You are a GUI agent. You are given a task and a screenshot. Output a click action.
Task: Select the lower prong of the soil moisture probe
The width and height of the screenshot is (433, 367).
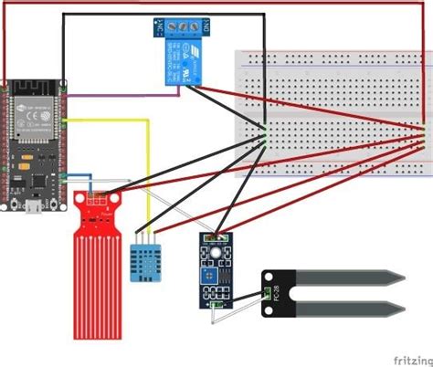coord(347,307)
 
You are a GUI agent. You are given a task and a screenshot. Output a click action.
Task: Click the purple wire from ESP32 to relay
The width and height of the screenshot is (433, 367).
coord(110,93)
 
